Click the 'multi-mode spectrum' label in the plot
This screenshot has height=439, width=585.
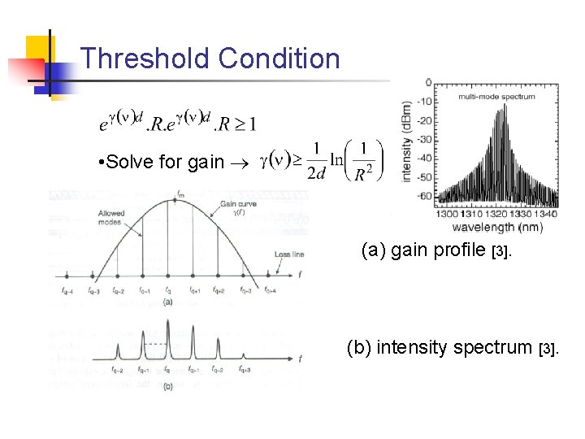click(x=496, y=96)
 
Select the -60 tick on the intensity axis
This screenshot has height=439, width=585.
click(x=425, y=196)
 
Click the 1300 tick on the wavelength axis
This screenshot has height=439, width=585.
click(x=450, y=215)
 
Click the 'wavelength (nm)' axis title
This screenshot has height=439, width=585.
click(x=496, y=227)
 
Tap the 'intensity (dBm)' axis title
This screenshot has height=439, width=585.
click(x=406, y=141)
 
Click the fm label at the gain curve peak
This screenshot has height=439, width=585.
click(x=179, y=193)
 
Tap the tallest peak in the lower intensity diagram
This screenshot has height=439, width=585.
click(x=168, y=336)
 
